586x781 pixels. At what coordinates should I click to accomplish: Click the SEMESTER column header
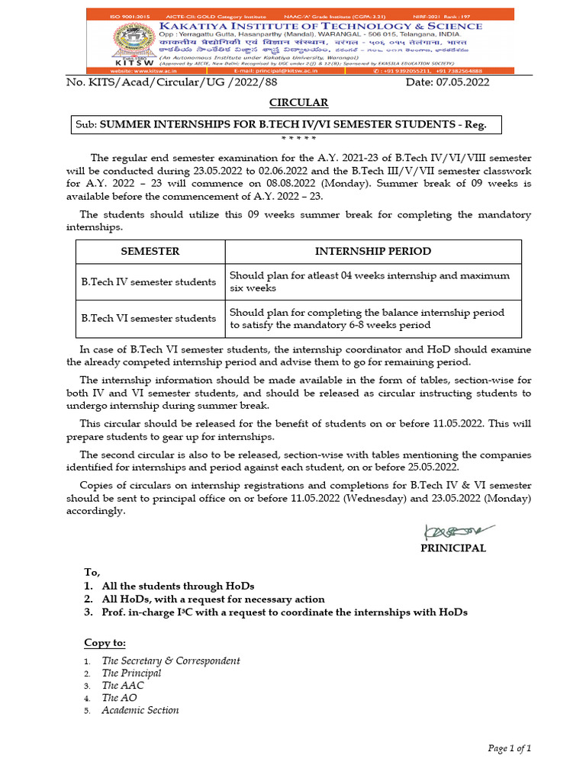(150, 251)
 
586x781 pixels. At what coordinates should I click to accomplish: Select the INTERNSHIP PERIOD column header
(373, 251)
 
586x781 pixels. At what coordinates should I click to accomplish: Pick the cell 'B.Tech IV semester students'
(149, 281)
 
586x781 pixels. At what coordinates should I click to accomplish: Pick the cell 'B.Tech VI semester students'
(149, 318)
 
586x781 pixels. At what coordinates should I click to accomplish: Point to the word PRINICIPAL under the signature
(453, 548)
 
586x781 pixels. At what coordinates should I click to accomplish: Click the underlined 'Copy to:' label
(105, 643)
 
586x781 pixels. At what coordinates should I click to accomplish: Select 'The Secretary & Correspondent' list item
(171, 660)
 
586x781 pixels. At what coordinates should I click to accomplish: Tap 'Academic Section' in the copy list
(140, 710)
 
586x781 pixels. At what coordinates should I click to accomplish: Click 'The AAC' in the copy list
(123, 685)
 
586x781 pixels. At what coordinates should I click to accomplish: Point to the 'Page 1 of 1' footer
(509, 748)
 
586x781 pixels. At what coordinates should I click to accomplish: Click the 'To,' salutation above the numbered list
(92, 572)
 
